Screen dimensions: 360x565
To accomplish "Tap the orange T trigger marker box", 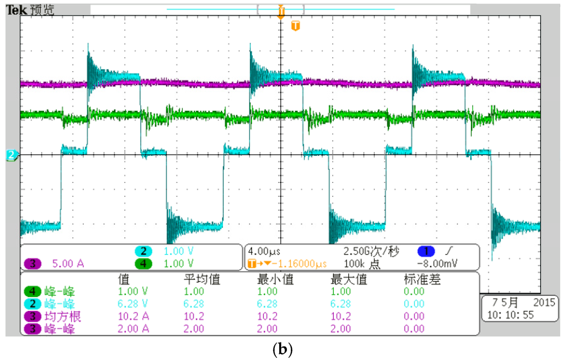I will pos(295,26).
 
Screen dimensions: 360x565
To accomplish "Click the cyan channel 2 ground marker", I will pos(11,156).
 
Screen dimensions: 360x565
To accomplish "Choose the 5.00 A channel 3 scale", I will pos(68,263).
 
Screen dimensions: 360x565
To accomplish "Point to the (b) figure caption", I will pos(282,349).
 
